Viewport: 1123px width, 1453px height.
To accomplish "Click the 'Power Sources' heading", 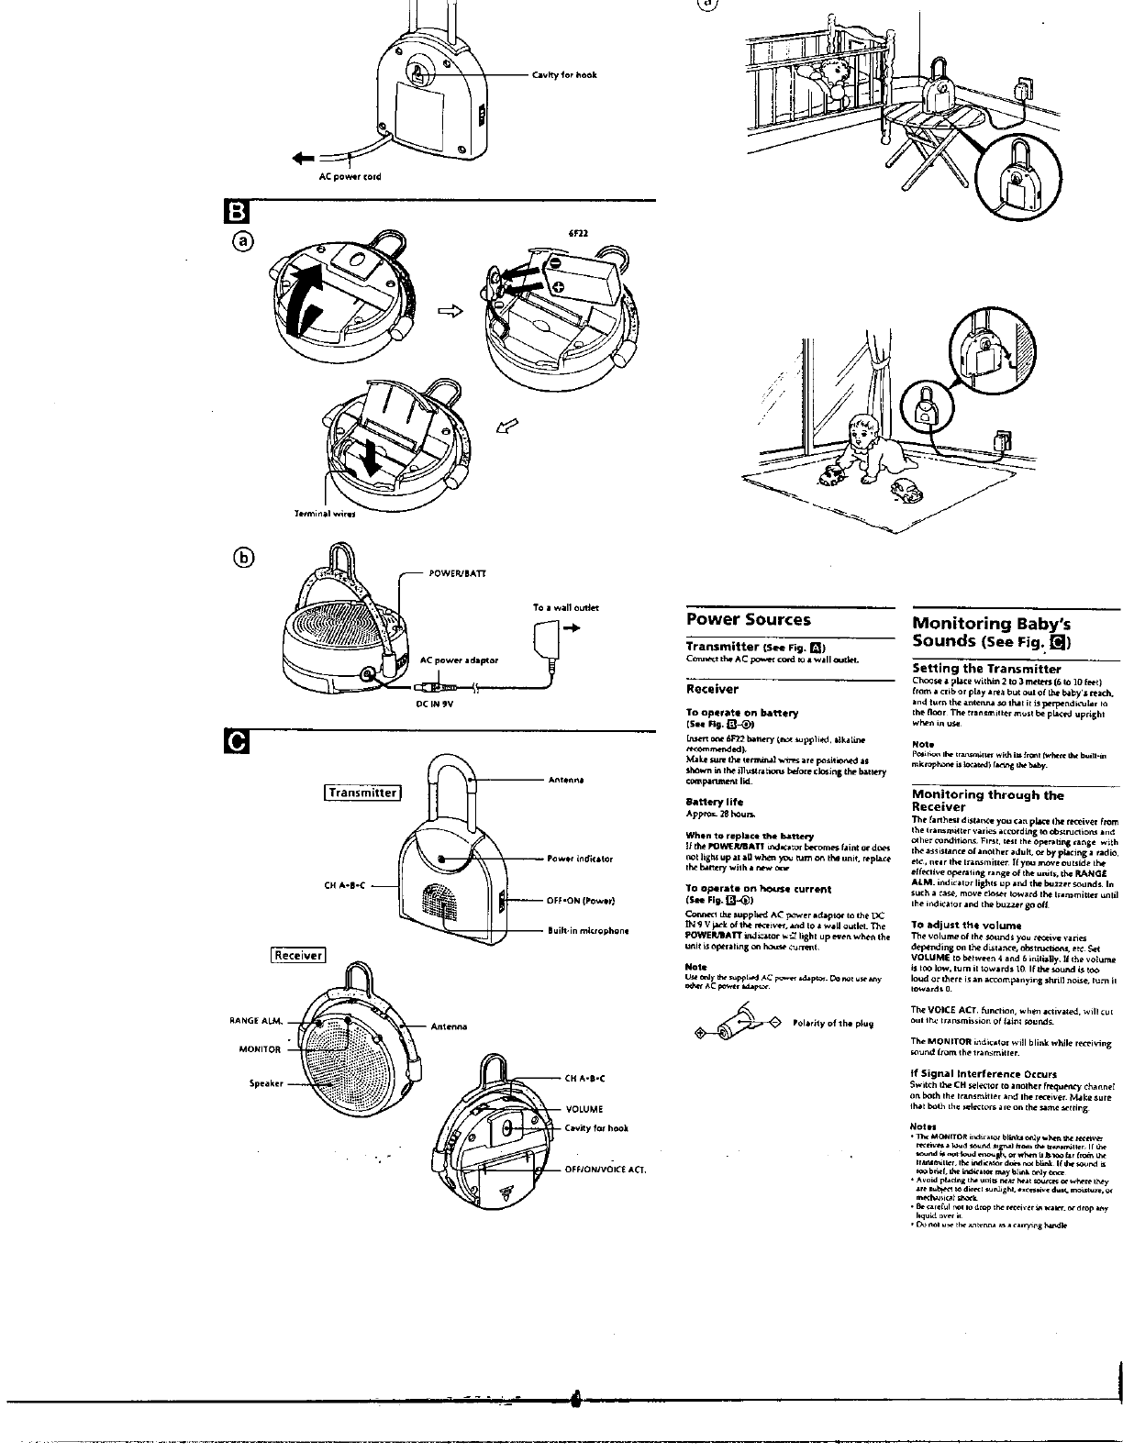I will coord(749,620).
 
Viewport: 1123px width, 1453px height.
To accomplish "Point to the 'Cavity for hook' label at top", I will coord(564,75).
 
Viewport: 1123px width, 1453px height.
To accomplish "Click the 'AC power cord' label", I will coord(350,176).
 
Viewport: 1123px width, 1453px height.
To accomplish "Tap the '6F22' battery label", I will coord(577,233).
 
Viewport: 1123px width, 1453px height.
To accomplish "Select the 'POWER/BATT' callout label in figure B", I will coord(457,573).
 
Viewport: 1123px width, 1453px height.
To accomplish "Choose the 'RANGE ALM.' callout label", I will coord(254,1020).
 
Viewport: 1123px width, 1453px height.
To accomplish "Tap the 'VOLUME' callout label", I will coord(584,1109).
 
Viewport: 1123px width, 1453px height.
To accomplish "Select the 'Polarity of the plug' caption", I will coord(833,1023).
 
